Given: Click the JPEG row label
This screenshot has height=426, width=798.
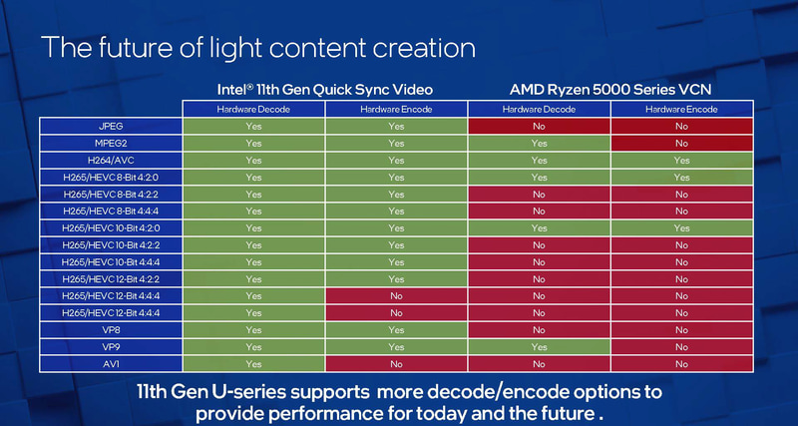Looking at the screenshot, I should tap(110, 127).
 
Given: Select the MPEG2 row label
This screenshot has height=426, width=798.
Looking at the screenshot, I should tap(110, 143).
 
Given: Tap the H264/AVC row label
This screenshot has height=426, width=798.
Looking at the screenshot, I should tap(110, 160).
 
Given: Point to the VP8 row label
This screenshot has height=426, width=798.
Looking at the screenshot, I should tap(110, 328).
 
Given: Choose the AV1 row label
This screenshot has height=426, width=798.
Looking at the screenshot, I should tap(110, 362).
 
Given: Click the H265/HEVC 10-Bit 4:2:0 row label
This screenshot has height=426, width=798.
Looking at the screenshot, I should tap(110, 227).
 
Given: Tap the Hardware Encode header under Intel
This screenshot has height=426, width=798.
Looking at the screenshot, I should tap(396, 108).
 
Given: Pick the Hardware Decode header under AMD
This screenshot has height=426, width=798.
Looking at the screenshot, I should tap(539, 108).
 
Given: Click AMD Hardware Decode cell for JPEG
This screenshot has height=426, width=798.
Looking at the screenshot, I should tap(539, 127).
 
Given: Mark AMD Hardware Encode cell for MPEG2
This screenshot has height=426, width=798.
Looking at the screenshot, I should tap(681, 143).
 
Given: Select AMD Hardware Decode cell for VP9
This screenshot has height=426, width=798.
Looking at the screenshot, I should tap(539, 345).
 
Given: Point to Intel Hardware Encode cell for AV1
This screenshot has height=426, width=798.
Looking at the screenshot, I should tap(396, 362).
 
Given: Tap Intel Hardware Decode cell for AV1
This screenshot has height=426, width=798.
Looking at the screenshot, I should tap(253, 362).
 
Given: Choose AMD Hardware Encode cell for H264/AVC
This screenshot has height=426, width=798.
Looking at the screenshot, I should tap(681, 160).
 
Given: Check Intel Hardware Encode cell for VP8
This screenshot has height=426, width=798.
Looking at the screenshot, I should tap(396, 328).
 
